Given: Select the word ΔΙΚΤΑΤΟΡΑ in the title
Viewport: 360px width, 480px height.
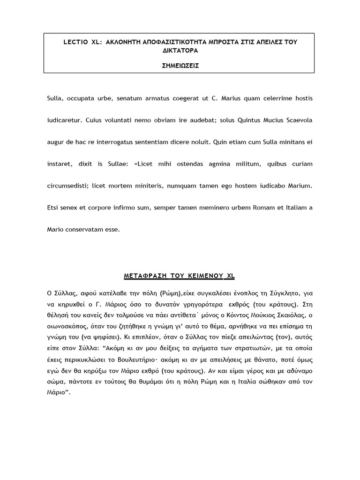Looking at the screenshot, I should [x=179, y=50].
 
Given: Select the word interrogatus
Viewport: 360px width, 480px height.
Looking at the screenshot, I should [x=117, y=142].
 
